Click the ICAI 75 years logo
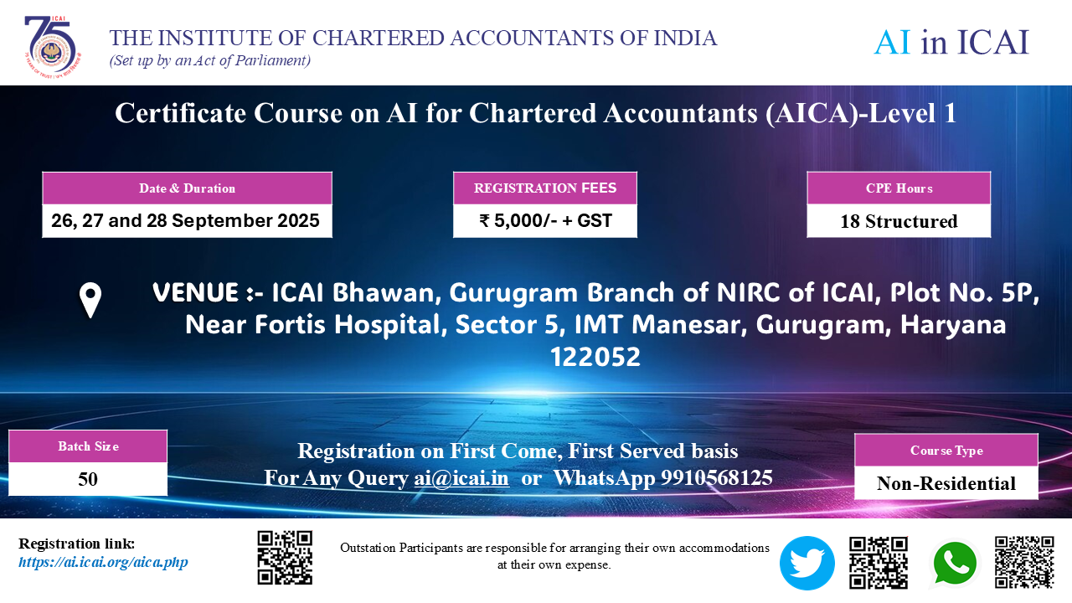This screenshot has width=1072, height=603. [53, 46]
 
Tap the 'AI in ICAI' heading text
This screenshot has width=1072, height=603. [951, 42]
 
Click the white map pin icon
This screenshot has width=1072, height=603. [90, 300]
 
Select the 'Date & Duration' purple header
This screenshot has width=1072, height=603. [187, 188]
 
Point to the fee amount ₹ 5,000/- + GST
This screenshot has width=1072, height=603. [545, 220]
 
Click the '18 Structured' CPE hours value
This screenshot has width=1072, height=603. [899, 221]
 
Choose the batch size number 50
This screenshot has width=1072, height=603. [88, 479]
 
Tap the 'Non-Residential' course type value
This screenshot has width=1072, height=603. [946, 483]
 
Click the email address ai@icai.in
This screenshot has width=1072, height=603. [461, 477]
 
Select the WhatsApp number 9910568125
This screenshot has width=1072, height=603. [717, 477]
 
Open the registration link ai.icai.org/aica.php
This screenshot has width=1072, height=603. [103, 562]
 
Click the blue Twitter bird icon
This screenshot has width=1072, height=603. [807, 563]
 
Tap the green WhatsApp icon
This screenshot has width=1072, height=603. [955, 564]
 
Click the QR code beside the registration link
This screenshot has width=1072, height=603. [285, 558]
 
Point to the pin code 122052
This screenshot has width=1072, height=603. [595, 357]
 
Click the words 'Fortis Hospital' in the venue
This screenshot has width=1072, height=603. [347, 324]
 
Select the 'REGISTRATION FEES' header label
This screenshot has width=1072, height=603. [545, 188]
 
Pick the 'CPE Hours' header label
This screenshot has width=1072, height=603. [899, 188]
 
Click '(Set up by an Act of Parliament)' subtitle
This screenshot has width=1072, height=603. [210, 61]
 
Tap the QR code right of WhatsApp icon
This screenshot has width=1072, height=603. [1024, 562]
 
